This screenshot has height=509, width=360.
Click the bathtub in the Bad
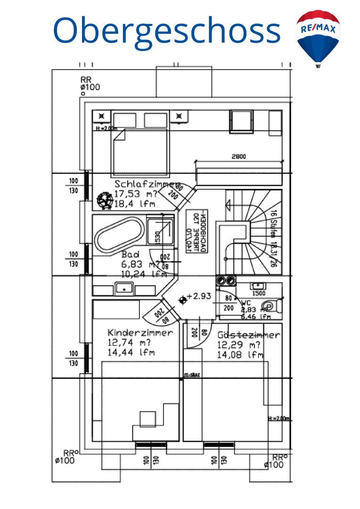(119, 236)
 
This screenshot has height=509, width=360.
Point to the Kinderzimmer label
(140, 332)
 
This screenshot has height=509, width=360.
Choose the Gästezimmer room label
(249, 335)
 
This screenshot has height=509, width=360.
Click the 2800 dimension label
(238, 156)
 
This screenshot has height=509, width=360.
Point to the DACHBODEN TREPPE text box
(197, 231)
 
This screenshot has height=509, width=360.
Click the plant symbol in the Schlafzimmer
(103, 201)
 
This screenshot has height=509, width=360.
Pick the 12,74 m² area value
(129, 342)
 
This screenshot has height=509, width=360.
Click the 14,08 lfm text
(240, 355)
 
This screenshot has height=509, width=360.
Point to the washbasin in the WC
(258, 286)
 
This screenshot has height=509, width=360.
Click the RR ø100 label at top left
(90, 83)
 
